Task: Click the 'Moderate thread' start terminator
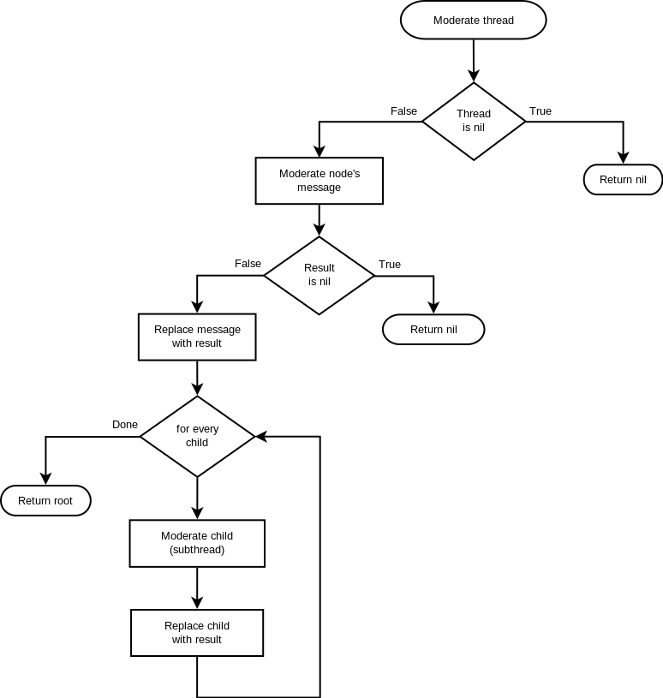(473, 21)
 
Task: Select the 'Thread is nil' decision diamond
(473, 121)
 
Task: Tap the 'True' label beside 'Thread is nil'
(541, 111)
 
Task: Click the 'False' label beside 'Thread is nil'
(403, 111)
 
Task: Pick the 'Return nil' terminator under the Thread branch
(623, 180)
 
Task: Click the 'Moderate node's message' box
(319, 181)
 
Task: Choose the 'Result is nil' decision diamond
(319, 275)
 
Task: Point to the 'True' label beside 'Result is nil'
(390, 265)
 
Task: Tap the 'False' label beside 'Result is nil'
(248, 264)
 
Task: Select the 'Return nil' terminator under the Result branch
(433, 330)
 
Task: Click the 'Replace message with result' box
(197, 337)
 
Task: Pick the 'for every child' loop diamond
(197, 436)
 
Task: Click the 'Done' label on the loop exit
(125, 425)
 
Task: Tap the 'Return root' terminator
(45, 501)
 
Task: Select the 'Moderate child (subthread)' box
(197, 543)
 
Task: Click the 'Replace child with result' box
(197, 633)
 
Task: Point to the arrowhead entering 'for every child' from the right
(261, 437)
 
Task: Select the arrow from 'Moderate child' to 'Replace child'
(197, 588)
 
